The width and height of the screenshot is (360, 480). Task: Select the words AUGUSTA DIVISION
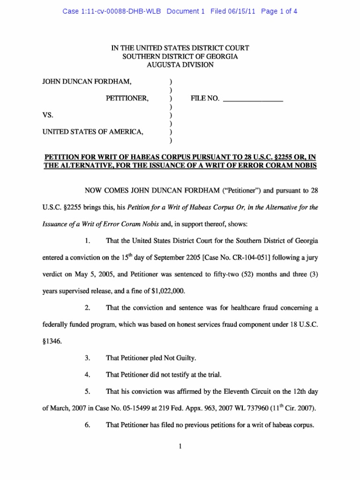click(x=180, y=65)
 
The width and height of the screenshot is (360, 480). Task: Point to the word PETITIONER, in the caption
click(x=127, y=98)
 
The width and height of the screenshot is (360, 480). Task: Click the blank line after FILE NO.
click(x=253, y=99)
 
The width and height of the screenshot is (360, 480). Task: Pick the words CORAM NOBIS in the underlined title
click(x=287, y=165)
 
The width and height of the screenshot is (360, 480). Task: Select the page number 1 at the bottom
click(x=180, y=447)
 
